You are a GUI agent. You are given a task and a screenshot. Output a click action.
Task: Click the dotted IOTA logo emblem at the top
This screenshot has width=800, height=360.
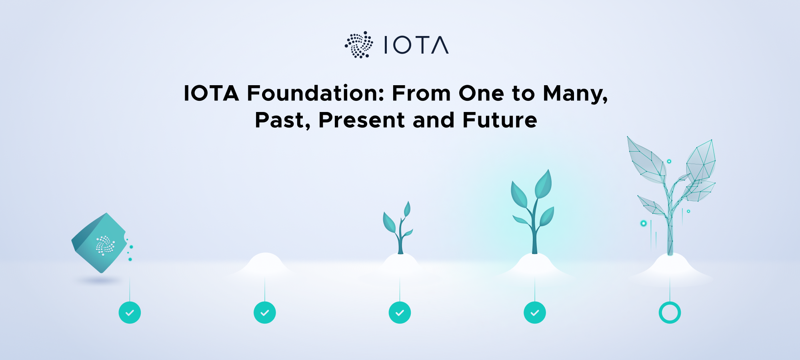tap(359, 45)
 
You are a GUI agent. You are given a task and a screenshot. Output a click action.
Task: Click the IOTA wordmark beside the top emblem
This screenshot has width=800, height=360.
tap(416, 45)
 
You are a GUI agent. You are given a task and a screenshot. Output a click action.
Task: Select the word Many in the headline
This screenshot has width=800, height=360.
tap(575, 94)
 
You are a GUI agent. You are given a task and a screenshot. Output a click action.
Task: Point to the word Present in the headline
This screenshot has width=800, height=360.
tap(362, 120)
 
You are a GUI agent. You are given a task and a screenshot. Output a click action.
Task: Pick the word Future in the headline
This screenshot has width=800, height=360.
tap(500, 120)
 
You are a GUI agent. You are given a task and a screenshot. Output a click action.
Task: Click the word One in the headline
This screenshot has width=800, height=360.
tap(482, 93)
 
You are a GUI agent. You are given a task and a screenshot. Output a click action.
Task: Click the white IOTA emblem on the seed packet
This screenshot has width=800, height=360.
tap(105, 245)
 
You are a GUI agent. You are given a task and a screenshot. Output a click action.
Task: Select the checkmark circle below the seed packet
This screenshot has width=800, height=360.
tap(130, 312)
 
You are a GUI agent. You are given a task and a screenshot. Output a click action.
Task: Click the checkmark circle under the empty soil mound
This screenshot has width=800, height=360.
tap(265, 312)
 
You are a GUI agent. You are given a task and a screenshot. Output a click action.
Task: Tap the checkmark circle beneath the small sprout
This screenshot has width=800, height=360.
tap(400, 312)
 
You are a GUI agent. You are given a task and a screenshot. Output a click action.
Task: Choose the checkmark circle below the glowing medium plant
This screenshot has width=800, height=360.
tap(535, 312)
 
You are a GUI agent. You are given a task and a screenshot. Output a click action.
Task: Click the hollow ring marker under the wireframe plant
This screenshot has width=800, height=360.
tap(670, 312)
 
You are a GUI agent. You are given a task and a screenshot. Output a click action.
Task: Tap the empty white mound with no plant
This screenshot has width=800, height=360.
tap(265, 264)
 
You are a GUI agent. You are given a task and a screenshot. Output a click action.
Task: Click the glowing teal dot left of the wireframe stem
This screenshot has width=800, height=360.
tap(644, 223)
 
